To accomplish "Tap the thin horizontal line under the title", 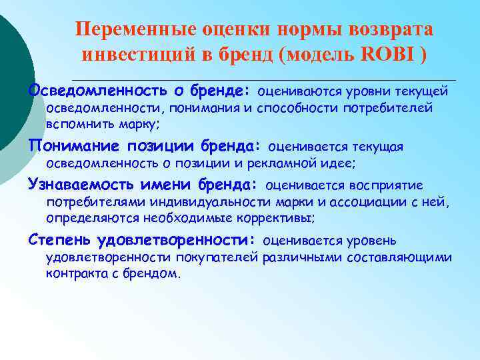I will click(267, 79).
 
